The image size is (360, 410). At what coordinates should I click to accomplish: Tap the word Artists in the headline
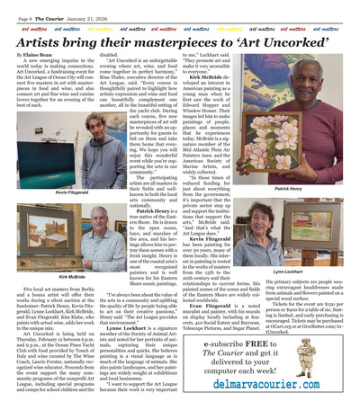[x=45, y=42]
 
